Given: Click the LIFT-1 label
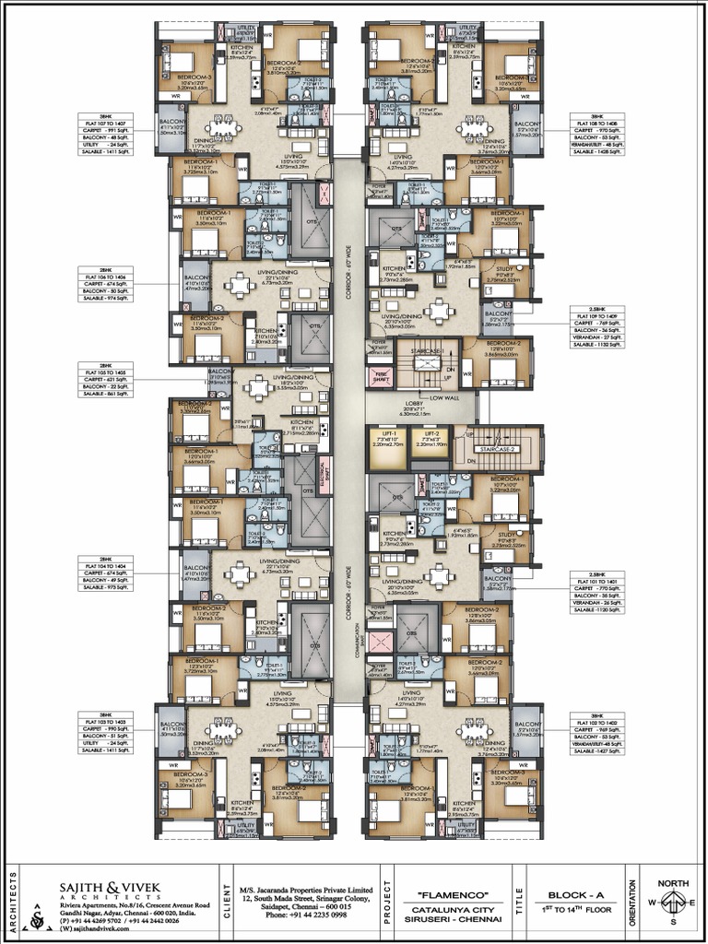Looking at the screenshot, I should (388, 433).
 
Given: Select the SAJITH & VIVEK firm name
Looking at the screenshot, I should (111, 888).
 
